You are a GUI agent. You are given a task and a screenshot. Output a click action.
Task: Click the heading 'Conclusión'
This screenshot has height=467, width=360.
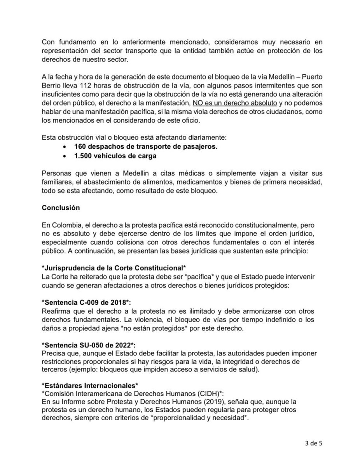pyautogui.click(x=61, y=208)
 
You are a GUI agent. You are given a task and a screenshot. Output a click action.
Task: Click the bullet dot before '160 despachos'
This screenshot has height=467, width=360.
pyautogui.click(x=65, y=147)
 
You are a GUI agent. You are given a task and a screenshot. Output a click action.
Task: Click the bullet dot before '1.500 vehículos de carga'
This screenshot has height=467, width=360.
pyautogui.click(x=65, y=156)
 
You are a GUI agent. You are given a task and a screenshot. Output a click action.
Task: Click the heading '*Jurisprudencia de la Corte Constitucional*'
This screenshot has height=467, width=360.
pyautogui.click(x=114, y=269)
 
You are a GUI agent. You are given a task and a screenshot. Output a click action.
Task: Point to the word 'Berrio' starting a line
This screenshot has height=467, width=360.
pyautogui.click(x=51, y=86)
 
